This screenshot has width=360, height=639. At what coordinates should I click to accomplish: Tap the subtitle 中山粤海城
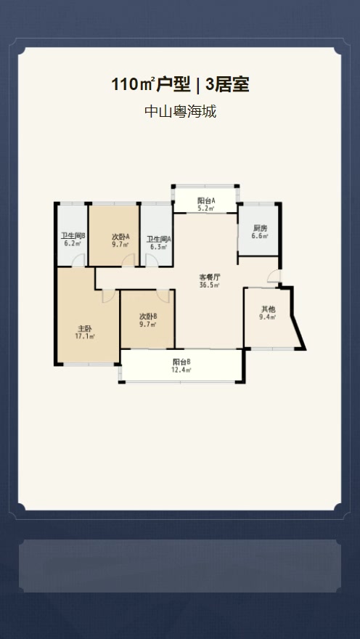point(181,111)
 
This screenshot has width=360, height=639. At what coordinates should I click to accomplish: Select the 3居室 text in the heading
point(227,85)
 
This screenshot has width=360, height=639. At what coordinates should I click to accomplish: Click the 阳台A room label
point(206,200)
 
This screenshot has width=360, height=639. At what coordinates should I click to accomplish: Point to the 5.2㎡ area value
point(206,208)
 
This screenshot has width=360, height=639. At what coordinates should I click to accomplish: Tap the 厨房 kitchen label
point(259,229)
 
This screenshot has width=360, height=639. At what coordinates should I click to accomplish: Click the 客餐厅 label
point(210,277)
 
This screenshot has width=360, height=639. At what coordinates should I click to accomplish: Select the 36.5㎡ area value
point(210,285)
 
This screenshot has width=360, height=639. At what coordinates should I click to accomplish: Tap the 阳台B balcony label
point(181,362)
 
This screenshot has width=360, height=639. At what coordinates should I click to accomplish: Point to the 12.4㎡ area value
point(181,370)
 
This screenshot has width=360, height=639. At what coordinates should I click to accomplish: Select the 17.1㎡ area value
point(84,336)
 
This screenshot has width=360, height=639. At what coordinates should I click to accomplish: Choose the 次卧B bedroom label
point(148,317)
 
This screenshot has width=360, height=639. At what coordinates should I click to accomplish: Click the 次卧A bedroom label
point(120,237)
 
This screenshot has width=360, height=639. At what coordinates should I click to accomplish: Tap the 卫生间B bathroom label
point(73,236)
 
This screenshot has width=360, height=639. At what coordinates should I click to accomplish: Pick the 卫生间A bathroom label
point(159,239)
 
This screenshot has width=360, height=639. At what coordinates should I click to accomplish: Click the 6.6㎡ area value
point(259,236)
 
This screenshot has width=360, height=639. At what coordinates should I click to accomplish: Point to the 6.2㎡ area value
point(72,244)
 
